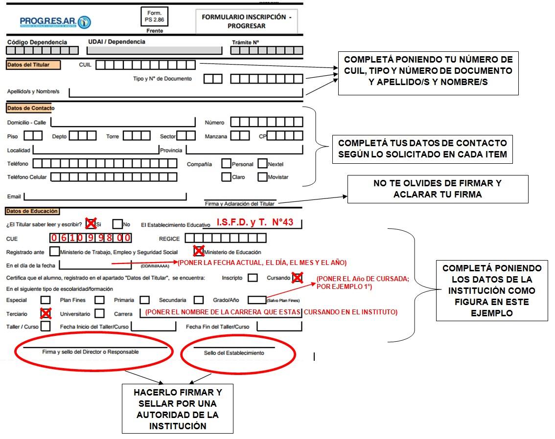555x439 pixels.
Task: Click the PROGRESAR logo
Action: click(x=55, y=22)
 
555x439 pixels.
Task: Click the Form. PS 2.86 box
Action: click(x=154, y=17)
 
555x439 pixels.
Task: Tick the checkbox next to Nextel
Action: click(x=262, y=163)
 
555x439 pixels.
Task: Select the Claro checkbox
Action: click(x=226, y=177)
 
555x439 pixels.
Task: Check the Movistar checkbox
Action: click(x=262, y=177)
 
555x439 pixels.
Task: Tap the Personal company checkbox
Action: click(x=226, y=163)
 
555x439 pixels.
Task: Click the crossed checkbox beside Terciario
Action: click(x=46, y=313)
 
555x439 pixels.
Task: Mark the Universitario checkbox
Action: click(x=100, y=313)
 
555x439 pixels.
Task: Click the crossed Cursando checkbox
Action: click(x=298, y=278)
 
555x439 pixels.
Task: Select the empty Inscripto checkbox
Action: click(x=253, y=278)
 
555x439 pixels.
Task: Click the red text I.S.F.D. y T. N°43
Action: click(x=255, y=222)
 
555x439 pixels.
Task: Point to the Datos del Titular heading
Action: click(x=33, y=65)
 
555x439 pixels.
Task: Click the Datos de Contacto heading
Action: click(x=30, y=108)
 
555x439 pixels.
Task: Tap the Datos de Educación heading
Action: click(x=32, y=211)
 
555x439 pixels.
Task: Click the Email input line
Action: click(x=105, y=197)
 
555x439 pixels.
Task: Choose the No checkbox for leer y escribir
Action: click(x=117, y=224)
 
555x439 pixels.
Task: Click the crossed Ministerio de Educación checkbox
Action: click(x=199, y=251)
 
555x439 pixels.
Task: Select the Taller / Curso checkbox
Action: click(x=46, y=326)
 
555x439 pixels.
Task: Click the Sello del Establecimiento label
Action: click(x=234, y=353)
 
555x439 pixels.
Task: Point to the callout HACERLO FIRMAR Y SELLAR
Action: click(x=178, y=409)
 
